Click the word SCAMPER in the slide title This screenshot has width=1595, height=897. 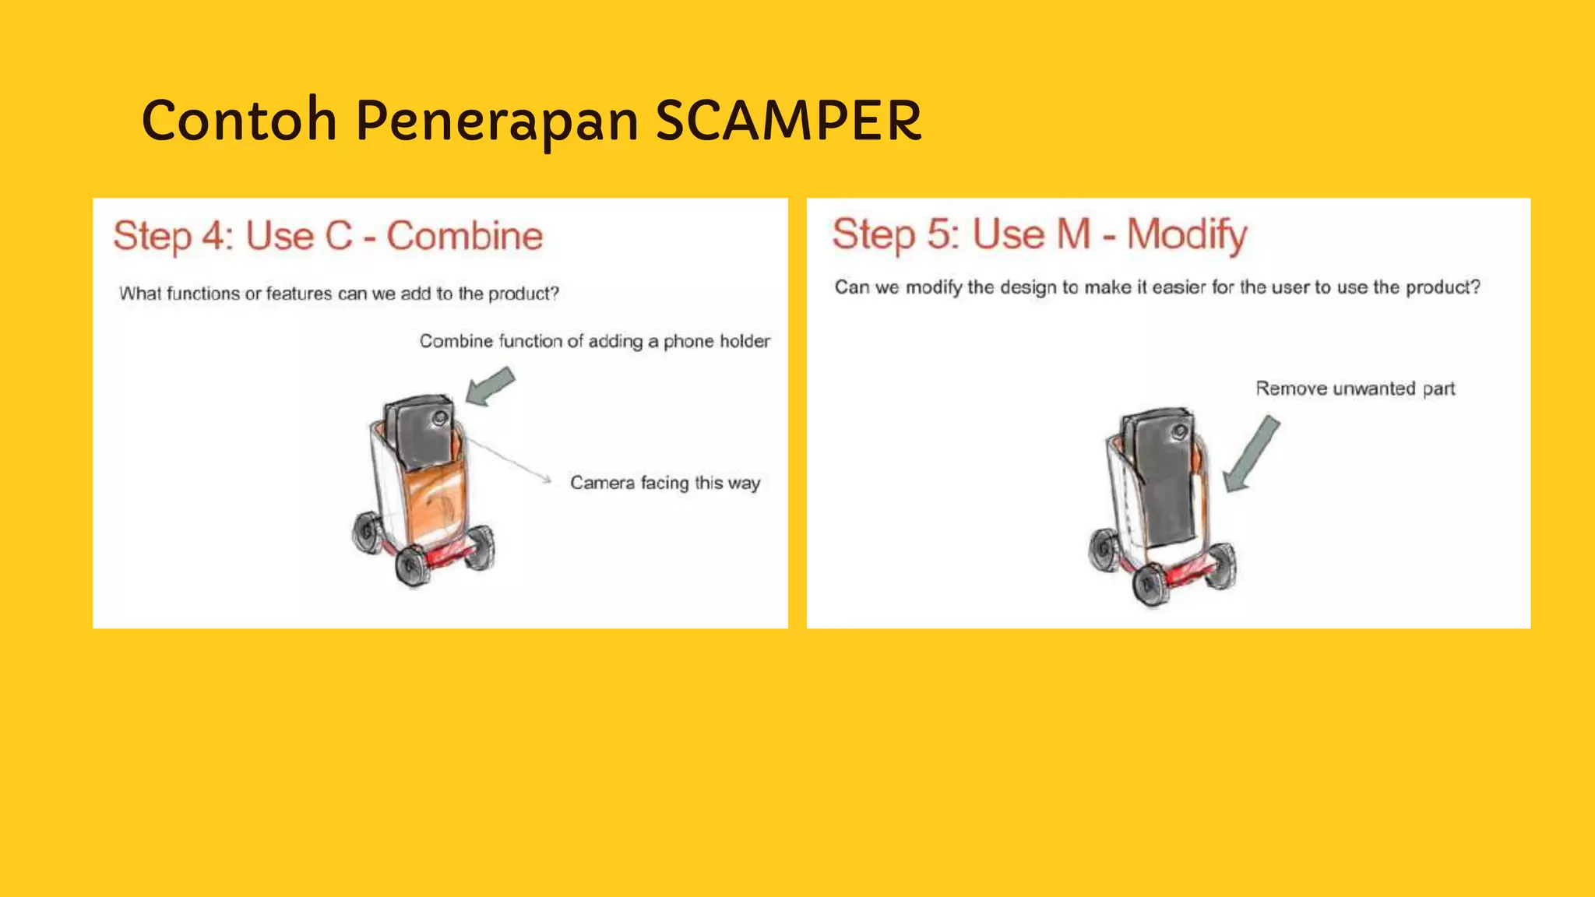point(788,121)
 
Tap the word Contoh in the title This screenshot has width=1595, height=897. point(239,121)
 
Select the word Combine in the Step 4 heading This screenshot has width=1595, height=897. point(465,236)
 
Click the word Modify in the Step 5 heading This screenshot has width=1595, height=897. point(1187,234)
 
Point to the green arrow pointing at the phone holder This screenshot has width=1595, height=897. point(490,387)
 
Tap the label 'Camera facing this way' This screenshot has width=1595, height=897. point(665,483)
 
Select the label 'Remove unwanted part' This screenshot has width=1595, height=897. point(1355,389)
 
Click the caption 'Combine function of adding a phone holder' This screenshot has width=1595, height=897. point(594,341)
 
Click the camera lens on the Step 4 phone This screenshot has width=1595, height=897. point(440,418)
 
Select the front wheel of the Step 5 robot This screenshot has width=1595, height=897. point(1149,585)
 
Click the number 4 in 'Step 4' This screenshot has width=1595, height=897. point(213,236)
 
